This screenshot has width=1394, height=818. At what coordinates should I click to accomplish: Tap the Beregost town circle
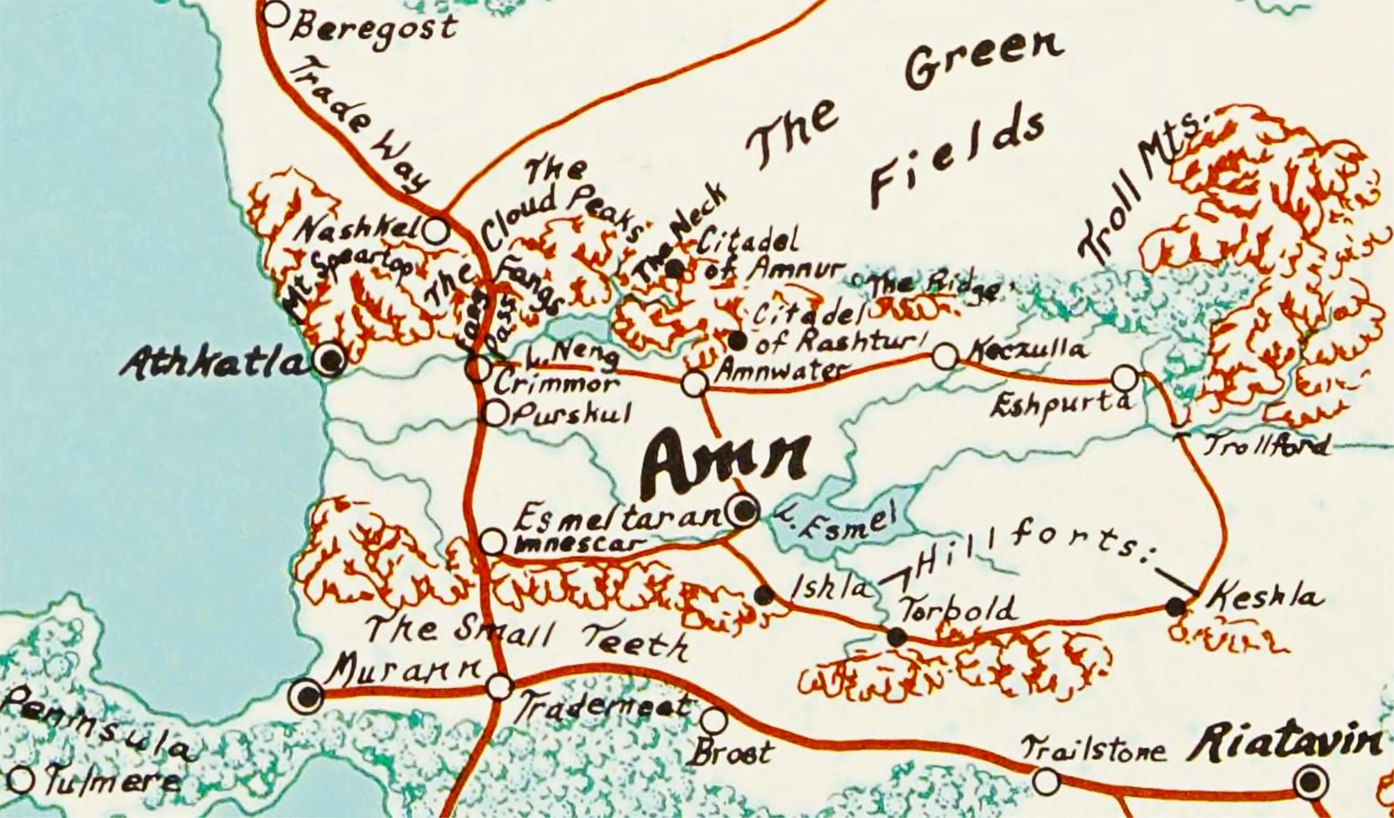pos(276,13)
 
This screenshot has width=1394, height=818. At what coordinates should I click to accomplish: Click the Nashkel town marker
pos(435,231)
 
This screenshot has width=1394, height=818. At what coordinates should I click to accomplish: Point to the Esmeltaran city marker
pos(742,511)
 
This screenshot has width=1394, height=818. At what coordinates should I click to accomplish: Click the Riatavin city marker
pos(1311,782)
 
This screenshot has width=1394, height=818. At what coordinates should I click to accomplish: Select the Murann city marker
pos(308,695)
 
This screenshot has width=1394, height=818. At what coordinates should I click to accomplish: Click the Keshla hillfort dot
pos(1175,607)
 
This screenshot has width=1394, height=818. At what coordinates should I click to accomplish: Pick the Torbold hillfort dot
pos(897,636)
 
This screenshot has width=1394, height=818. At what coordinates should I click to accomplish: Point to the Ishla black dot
pos(766,595)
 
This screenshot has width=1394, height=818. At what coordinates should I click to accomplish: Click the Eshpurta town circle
pos(1124,378)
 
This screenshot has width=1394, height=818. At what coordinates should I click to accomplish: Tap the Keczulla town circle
pos(945,357)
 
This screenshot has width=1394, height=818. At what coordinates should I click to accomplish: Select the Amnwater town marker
pos(695,383)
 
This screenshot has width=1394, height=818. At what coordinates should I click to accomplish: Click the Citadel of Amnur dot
pos(675,268)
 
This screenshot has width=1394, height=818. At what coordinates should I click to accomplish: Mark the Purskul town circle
pos(496,413)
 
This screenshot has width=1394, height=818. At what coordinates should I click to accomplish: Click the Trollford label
pos(1267,444)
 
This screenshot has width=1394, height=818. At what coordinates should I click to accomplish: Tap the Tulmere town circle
pos(21,780)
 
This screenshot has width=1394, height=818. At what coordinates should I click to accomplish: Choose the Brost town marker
pos(714,720)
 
